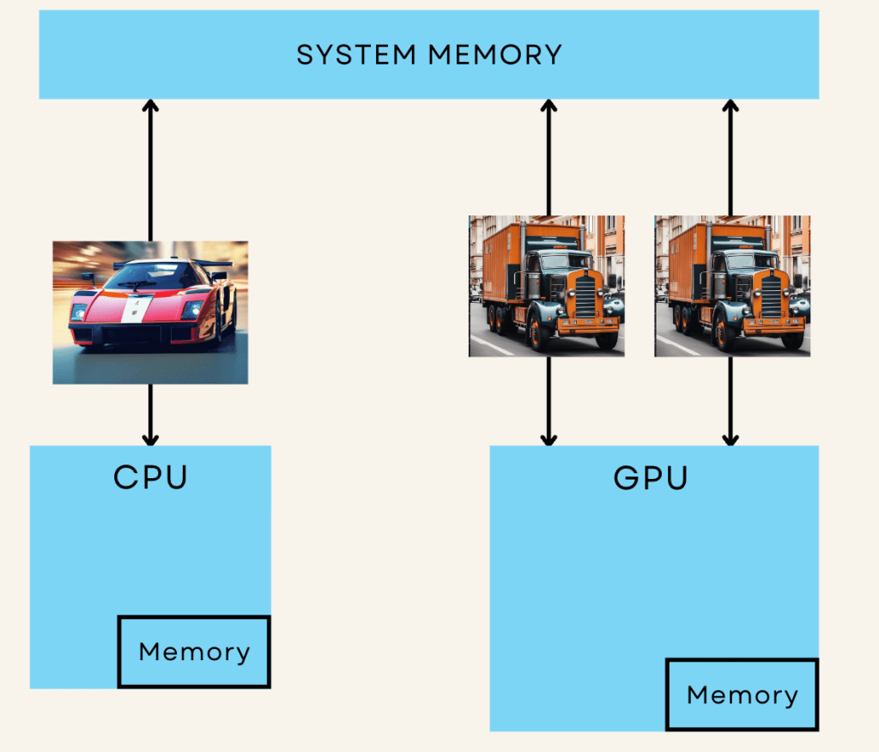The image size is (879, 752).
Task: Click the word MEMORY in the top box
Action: [x=495, y=55]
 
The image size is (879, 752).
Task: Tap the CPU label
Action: [x=150, y=477]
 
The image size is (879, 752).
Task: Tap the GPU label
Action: [x=651, y=477]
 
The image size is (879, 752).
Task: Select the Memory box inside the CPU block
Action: [x=194, y=652]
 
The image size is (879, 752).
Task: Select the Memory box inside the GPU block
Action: [x=742, y=694]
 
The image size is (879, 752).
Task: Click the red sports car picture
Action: [x=150, y=312]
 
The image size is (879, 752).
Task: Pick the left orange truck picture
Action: [x=547, y=286]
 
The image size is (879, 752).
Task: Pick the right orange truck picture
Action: [x=732, y=286]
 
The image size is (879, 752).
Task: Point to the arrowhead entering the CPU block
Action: [x=150, y=439]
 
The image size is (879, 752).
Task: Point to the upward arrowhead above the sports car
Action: [x=150, y=106]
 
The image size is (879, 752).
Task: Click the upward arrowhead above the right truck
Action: [x=730, y=106]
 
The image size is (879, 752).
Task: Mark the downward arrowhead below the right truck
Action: [x=730, y=439]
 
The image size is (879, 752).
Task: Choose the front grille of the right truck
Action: [x=771, y=296]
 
